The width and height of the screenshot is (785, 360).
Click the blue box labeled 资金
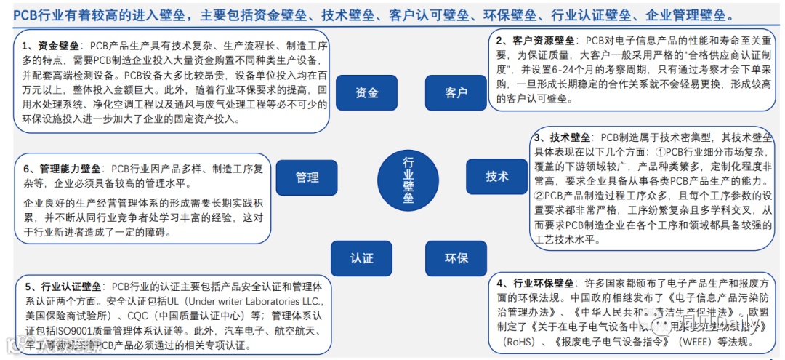point(367,92)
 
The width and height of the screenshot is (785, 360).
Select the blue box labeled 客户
point(456,92)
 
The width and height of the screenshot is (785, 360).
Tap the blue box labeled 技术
point(497,176)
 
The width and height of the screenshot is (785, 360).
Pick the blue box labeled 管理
point(307,177)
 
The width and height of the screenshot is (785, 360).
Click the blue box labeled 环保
point(456,258)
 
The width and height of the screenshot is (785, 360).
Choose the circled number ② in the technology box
point(539,195)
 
